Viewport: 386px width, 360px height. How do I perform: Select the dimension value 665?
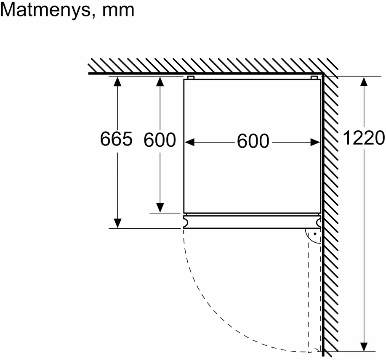coord(116,139)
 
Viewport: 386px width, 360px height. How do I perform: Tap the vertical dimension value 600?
coord(160,140)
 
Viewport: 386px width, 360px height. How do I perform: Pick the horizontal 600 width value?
coord(253,141)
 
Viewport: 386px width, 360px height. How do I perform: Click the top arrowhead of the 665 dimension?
coord(117,82)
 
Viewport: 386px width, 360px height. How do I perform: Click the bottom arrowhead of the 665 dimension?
coord(117,223)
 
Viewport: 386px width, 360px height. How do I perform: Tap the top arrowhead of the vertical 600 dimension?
coord(160,82)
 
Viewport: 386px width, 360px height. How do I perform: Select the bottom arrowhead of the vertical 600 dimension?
coord(160,208)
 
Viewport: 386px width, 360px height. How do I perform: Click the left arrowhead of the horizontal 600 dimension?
coord(189,142)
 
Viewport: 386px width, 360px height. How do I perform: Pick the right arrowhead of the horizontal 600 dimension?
coord(315,142)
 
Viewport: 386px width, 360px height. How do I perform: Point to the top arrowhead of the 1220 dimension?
coord(364,82)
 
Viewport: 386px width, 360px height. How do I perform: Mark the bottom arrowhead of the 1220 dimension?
coord(364,347)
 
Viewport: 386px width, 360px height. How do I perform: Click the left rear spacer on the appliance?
coord(191,78)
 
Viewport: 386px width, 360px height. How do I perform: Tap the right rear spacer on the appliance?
coord(314,78)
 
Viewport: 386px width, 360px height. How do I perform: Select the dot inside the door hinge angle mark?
coord(315,234)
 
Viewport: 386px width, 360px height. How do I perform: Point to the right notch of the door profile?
coord(318,222)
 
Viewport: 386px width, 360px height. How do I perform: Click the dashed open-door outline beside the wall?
coord(309,290)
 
